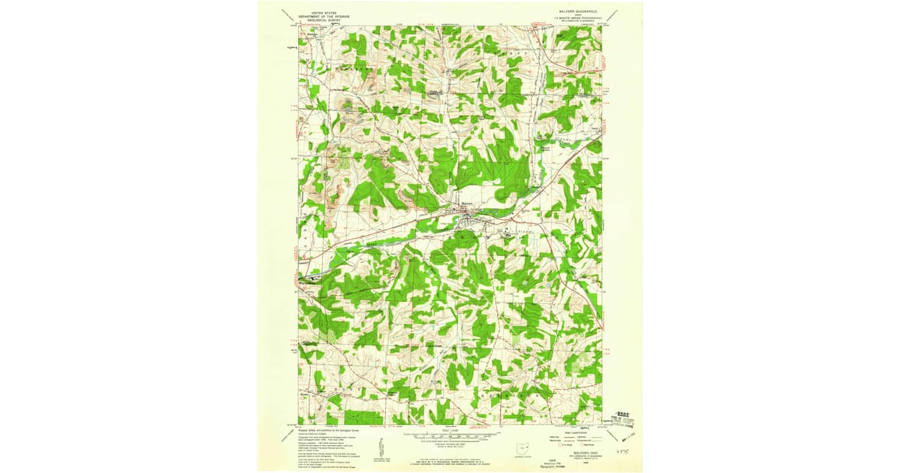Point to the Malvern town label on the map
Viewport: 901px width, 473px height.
466,204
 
